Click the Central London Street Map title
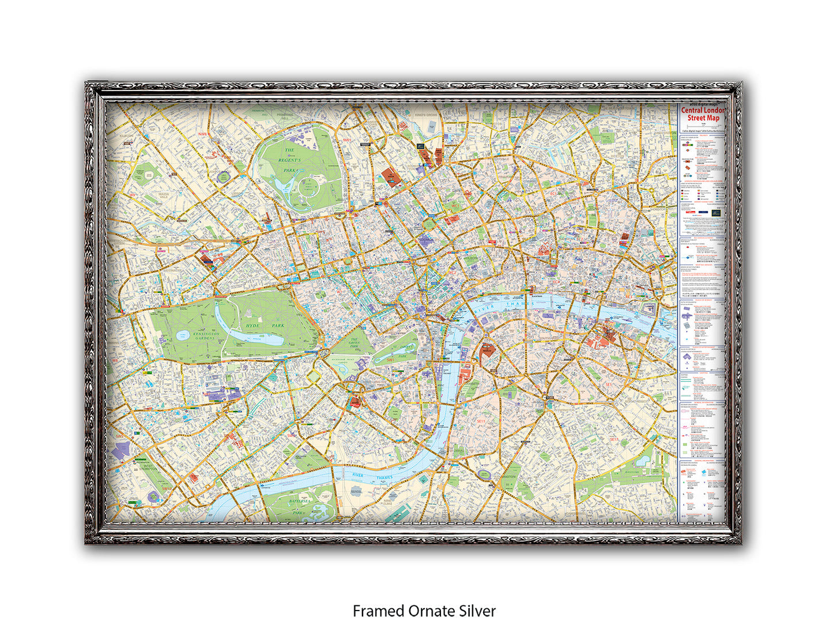tap(703, 114)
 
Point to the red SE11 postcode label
tap(481, 421)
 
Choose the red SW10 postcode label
tap(167, 488)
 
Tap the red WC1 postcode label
tap(455, 206)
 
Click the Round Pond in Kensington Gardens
tap(184, 334)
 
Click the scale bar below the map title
tap(703, 126)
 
